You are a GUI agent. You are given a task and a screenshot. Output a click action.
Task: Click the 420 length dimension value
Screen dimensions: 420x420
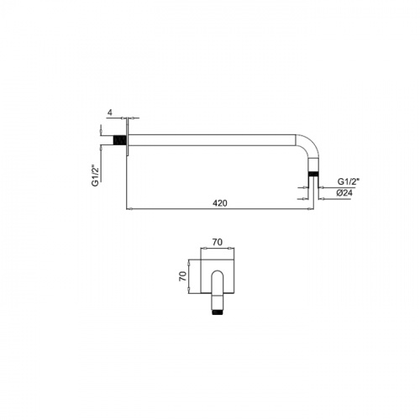click(x=220, y=203)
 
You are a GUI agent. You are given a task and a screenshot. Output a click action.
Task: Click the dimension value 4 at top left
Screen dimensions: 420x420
click(x=110, y=113)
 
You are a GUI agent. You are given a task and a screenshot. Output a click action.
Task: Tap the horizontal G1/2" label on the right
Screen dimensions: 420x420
click(x=348, y=181)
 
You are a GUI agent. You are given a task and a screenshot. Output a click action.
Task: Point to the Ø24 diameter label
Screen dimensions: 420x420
click(x=344, y=193)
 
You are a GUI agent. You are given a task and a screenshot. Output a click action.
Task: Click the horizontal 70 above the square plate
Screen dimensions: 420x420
click(x=218, y=242)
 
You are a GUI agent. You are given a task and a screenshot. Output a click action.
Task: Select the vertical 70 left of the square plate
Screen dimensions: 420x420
click(x=182, y=276)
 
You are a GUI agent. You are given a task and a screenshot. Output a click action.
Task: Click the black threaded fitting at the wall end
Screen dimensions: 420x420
click(x=118, y=140)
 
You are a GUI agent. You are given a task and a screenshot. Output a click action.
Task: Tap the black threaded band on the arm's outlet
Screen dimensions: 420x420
click(x=313, y=174)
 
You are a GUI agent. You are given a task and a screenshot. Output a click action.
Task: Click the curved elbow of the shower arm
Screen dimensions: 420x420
click(x=311, y=144)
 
